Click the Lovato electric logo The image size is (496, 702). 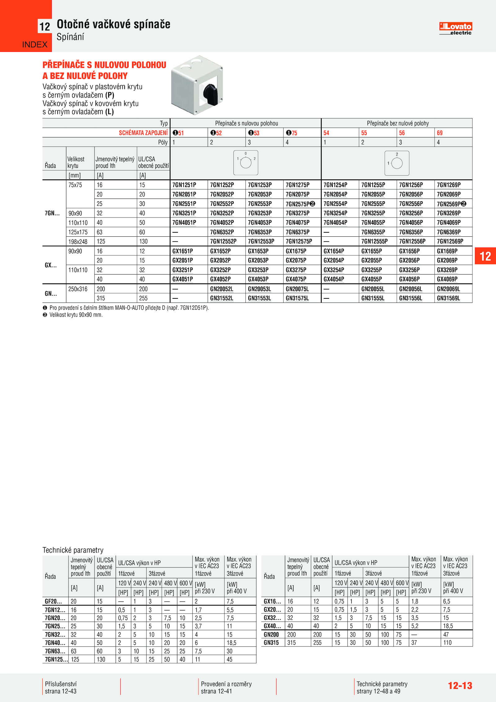pos(455,29)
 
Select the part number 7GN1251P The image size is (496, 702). pos(184,185)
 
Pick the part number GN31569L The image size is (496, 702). pos(448,298)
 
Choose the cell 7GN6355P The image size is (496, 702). pos(373,232)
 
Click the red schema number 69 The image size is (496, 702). pos(440,133)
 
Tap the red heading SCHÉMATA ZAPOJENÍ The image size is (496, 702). pos(143,133)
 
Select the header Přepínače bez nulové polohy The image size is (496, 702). pos(398,123)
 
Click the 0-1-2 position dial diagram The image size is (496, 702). pos(246,163)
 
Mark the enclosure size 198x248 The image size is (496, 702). pos(78,242)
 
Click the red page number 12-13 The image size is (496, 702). pos(460,686)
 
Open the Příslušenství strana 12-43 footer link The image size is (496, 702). pos(61,687)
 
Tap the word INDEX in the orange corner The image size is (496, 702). pos(35,45)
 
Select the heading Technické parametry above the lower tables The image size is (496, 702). pos(73,550)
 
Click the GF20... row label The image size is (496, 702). pos(53,601)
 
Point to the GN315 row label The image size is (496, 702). pos(271,643)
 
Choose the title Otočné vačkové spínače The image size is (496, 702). pos(113,24)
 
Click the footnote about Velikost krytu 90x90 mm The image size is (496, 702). pos(76,315)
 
